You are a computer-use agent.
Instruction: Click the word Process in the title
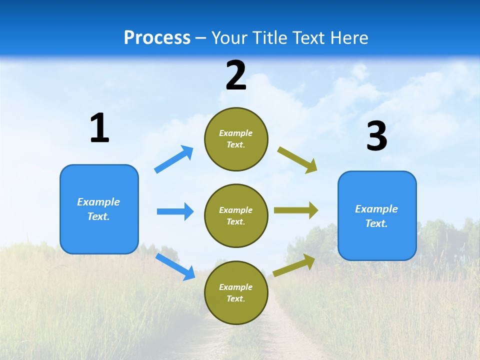coord(157,38)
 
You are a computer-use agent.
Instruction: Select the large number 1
coord(99,128)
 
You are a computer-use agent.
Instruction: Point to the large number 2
coord(236,75)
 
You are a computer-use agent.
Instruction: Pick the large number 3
coord(376,136)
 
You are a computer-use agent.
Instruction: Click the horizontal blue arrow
coord(175,211)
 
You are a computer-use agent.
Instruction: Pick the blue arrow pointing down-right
coord(175,266)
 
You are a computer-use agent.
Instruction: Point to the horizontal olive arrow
coord(296,210)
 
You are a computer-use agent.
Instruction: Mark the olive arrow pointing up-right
coord(294,265)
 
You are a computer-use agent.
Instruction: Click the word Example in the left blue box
coord(98,202)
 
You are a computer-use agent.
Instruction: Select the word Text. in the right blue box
coord(376,223)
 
